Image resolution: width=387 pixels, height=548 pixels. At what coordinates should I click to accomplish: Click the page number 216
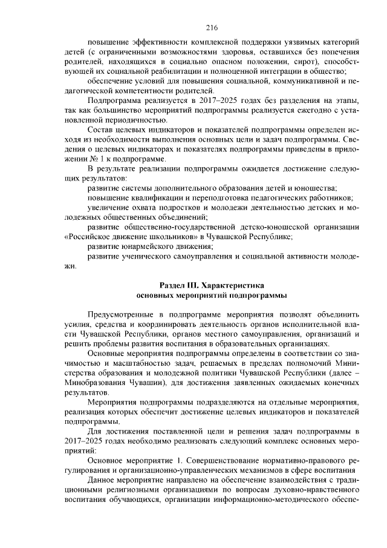193,27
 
